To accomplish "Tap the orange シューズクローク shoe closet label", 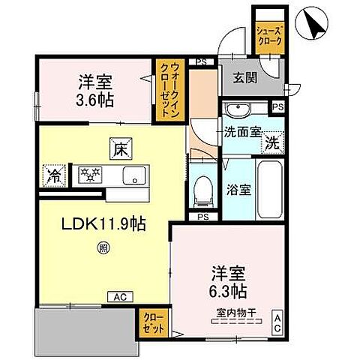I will pos(268,34).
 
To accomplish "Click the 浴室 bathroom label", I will pos(239,188).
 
